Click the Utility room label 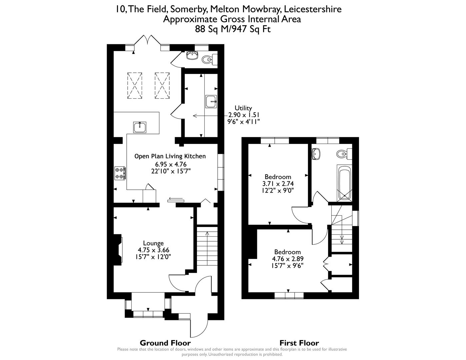click(x=243, y=108)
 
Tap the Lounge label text click(x=153, y=243)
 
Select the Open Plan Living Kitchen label click(x=170, y=156)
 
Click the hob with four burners click(x=120, y=173)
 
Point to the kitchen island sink click(x=140, y=127)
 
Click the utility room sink click(x=211, y=101)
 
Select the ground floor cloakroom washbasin click(x=192, y=55)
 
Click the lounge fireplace click(x=118, y=250)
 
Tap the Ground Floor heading click(x=165, y=343)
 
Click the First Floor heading click(x=299, y=343)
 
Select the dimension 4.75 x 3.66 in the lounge click(x=153, y=250)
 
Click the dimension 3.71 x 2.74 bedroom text click(x=278, y=184)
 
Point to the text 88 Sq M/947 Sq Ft click(x=233, y=29)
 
